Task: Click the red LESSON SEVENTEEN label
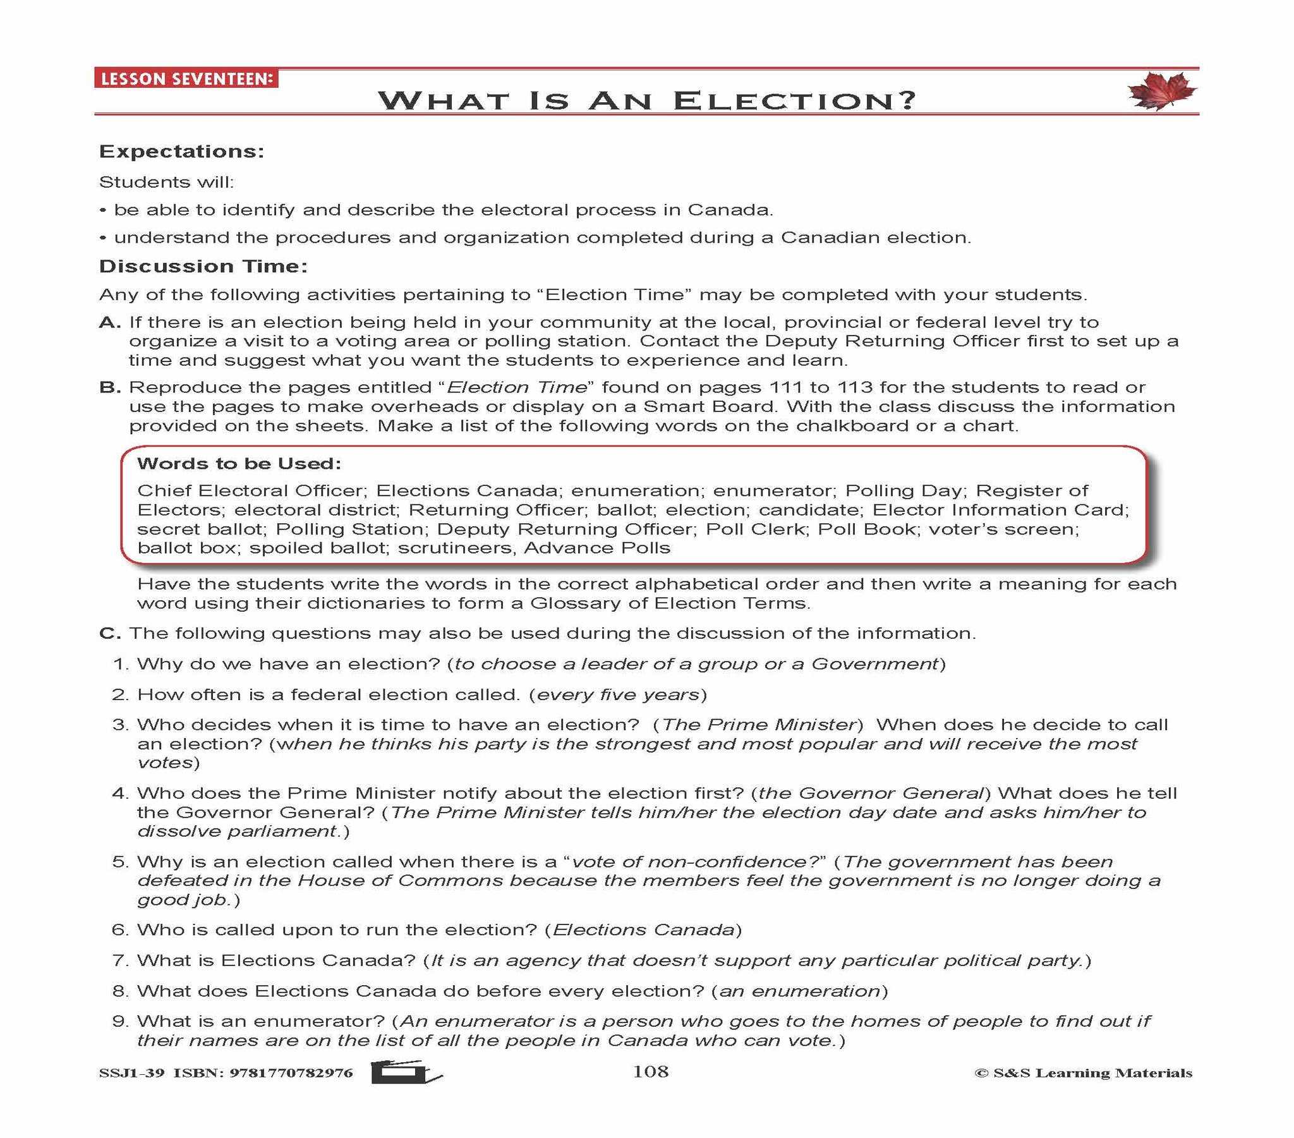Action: (186, 79)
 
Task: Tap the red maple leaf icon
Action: (1162, 91)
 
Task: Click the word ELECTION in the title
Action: (794, 100)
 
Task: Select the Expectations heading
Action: (182, 152)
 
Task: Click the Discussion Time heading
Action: (203, 266)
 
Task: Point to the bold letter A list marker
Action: (109, 322)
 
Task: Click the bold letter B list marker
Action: (109, 387)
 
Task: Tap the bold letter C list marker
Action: (109, 633)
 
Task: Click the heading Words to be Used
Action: (239, 464)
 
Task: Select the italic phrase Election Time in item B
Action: (517, 387)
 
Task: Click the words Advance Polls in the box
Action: (596, 548)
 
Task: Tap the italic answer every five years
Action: (618, 694)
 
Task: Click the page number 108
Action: (650, 1072)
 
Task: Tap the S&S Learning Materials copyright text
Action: (1083, 1073)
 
